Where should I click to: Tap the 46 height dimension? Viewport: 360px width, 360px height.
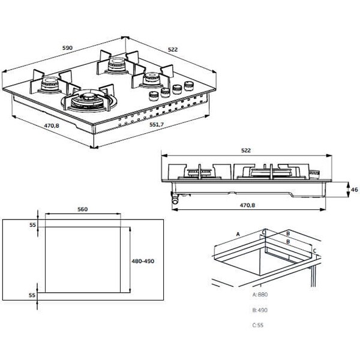click(354, 190)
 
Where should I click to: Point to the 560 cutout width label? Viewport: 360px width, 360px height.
click(83, 209)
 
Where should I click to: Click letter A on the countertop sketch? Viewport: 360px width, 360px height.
click(238, 233)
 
